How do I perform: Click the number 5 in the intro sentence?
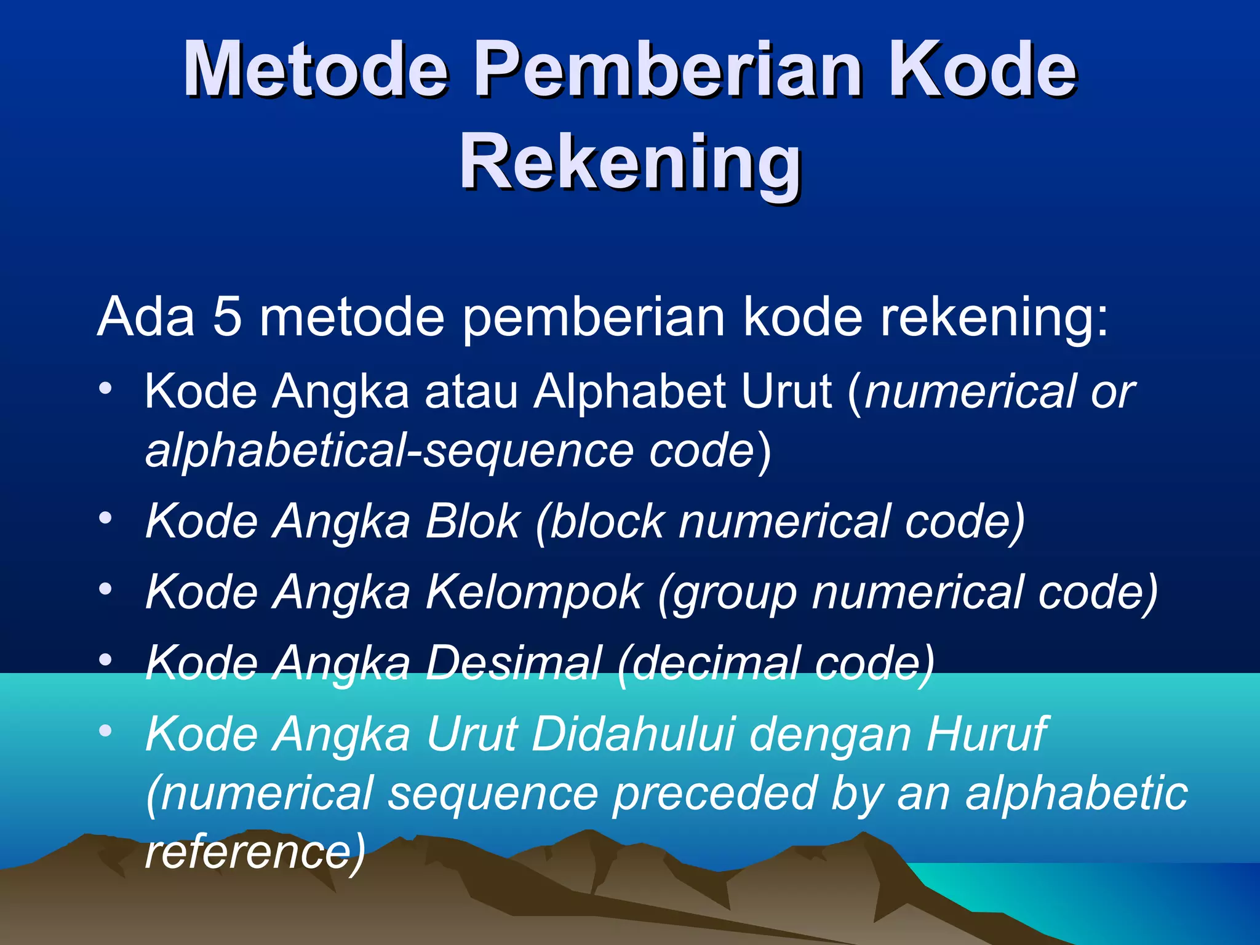[227, 318]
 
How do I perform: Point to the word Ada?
[146, 318]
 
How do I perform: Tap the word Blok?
[472, 522]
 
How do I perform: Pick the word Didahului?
[634, 735]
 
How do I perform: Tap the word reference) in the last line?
[255, 852]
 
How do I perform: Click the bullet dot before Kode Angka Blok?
[106, 518]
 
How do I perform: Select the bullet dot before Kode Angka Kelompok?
[106, 589]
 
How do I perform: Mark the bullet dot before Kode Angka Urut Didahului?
[106, 731]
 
